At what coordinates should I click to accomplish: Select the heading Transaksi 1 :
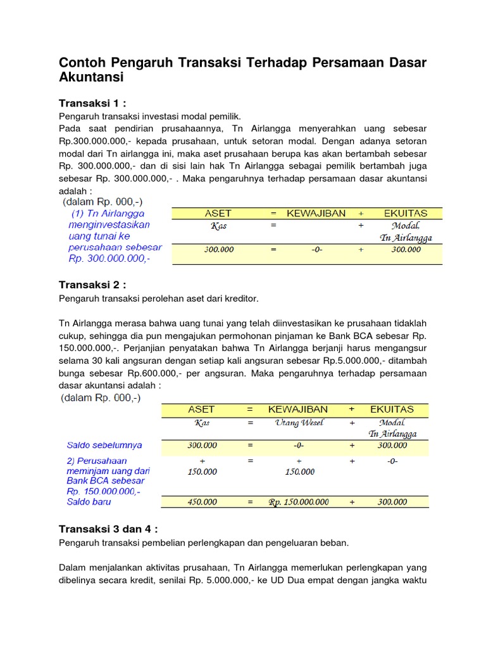click(93, 103)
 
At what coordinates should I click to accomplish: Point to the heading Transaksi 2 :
click(93, 285)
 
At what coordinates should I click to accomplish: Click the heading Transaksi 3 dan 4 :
click(108, 529)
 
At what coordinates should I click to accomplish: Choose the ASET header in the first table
click(218, 214)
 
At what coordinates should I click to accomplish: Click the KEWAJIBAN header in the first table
click(316, 214)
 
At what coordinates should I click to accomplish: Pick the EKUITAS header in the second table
click(392, 409)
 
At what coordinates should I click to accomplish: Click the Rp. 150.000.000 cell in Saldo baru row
click(299, 502)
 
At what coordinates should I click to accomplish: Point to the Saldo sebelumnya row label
click(104, 446)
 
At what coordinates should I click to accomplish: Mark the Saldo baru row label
click(89, 501)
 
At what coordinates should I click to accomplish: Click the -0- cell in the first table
click(316, 250)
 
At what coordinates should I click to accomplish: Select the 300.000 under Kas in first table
click(218, 250)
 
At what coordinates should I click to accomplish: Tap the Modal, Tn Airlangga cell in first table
click(406, 231)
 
